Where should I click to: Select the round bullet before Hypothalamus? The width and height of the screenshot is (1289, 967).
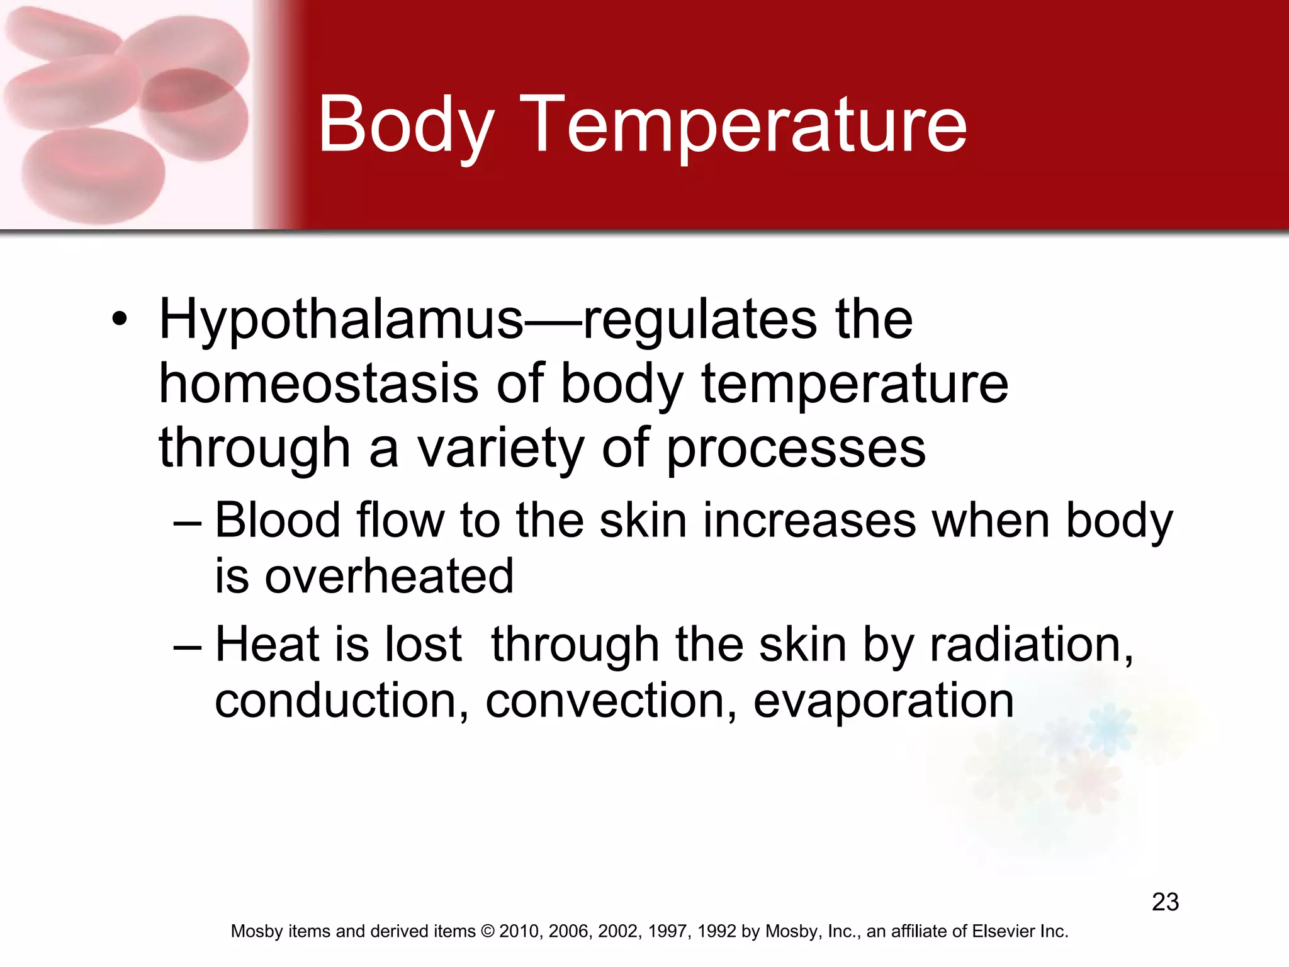pos(120,319)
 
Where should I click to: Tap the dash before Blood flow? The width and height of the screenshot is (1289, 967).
pos(187,522)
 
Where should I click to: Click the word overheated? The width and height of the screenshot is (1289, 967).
pos(389,576)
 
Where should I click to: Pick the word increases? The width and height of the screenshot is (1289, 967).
pos(809,521)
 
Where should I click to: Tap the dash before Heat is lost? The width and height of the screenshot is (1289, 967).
pos(187,646)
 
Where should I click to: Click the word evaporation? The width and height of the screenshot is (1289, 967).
pos(883,702)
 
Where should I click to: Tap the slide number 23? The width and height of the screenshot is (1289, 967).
pos(1165,902)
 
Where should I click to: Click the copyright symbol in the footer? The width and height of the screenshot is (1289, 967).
pos(487,931)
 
